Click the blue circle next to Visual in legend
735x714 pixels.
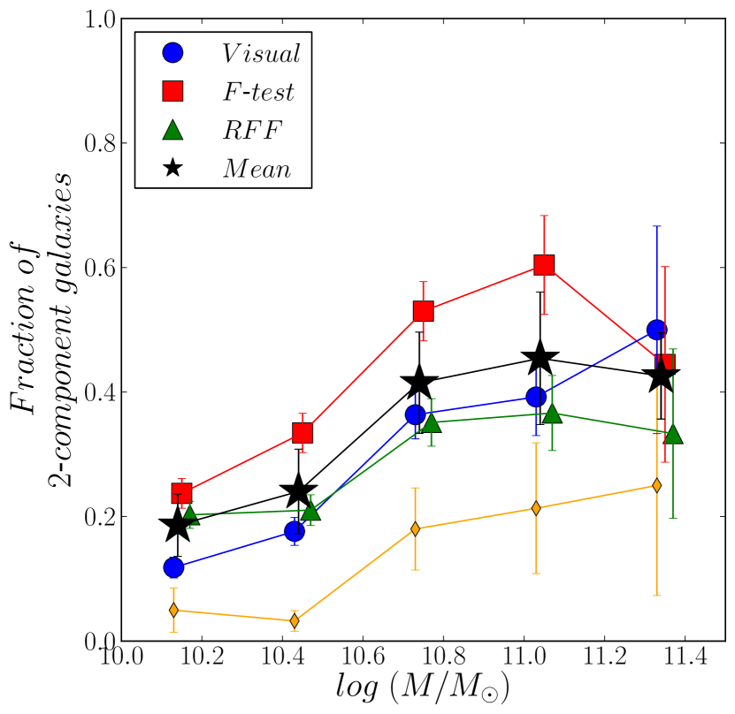[173, 53]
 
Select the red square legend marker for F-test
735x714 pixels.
[173, 91]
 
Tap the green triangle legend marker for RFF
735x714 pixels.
[173, 129]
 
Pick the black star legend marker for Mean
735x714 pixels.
[173, 168]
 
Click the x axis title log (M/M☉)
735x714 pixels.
[423, 687]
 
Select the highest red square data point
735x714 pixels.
[544, 265]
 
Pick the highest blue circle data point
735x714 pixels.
[656, 330]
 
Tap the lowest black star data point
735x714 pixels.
[177, 525]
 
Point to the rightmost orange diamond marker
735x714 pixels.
[656, 485]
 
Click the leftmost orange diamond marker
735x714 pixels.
[173, 610]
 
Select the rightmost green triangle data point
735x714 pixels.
[673, 434]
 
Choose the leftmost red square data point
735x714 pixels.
[181, 493]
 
